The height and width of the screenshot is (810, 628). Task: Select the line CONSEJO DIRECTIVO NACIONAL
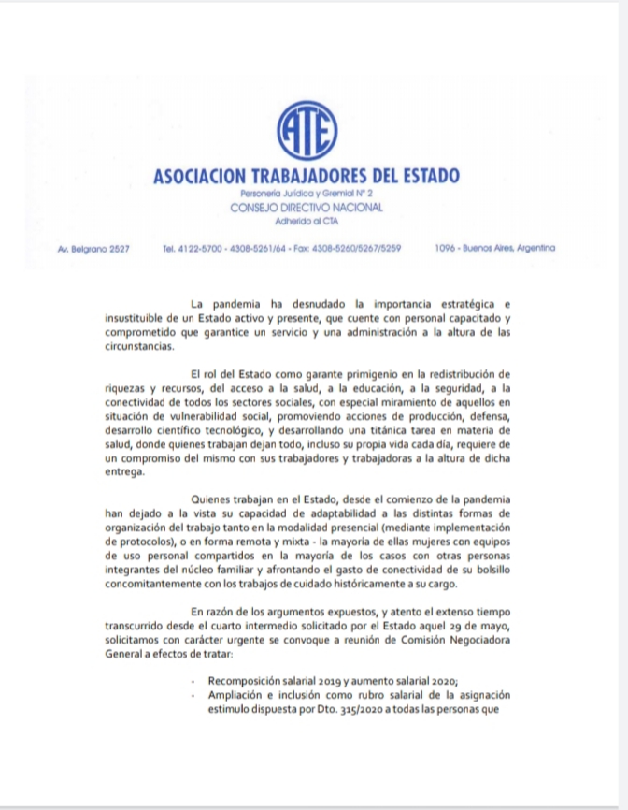coord(307,207)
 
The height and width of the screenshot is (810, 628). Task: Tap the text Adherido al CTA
coord(307,222)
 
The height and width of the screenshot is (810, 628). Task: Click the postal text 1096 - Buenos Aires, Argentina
coord(494,248)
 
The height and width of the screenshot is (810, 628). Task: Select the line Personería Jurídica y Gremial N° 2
coord(307,192)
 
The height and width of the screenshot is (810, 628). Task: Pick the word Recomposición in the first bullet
coord(251,682)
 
